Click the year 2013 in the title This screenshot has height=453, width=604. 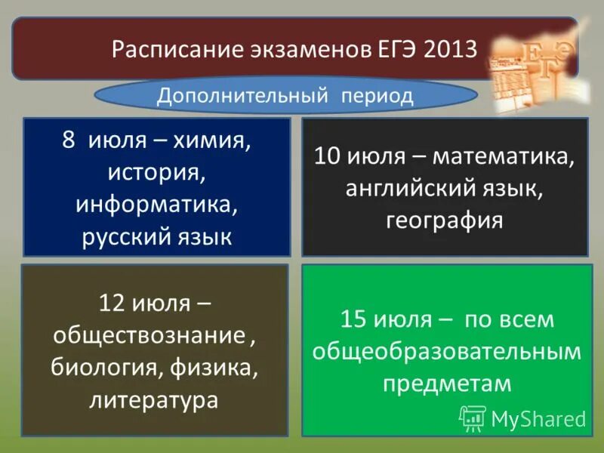pos(450,50)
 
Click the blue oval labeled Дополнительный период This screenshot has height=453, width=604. pos(285,96)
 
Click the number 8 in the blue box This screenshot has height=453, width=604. pos(69,141)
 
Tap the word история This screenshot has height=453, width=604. pos(156,173)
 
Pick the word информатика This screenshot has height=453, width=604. pos(156,205)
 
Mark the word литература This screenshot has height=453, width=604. pos(154,400)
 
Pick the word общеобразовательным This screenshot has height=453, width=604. pos(447,351)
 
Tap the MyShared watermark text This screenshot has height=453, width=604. pos(538,418)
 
